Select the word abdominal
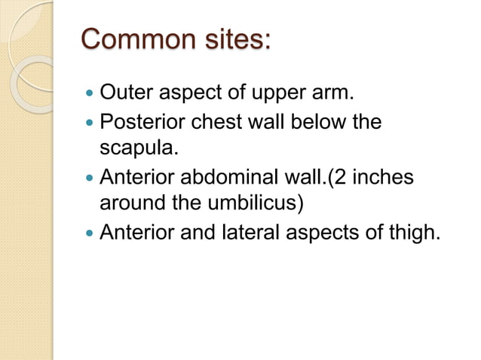coord(222,178)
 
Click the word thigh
coord(414,232)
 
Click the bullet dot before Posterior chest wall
coord(90,124)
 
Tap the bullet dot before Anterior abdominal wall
coord(90,178)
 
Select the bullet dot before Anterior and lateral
coord(90,233)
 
